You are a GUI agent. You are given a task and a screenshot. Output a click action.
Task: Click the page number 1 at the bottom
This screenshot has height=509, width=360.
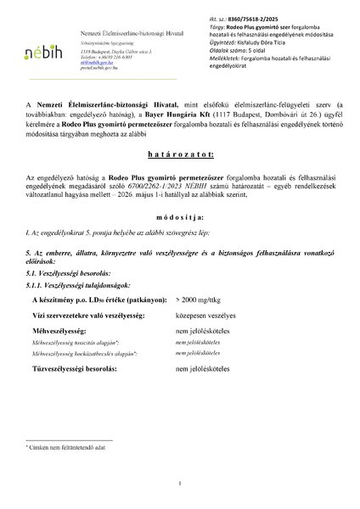180,485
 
